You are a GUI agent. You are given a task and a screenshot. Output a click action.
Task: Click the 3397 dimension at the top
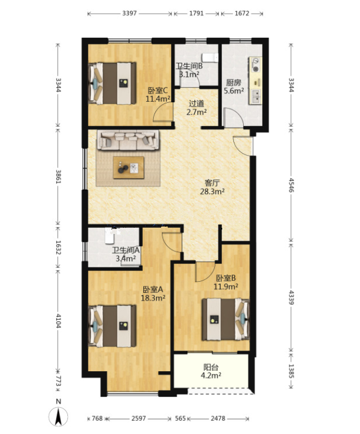coord(129,13)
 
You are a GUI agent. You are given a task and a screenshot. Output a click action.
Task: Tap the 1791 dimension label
coord(197,13)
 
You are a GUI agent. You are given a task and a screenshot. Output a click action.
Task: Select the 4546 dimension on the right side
coord(291,185)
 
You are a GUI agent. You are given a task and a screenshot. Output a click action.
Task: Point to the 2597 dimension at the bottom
coord(138,418)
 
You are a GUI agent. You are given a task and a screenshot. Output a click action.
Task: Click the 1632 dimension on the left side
coord(58,247)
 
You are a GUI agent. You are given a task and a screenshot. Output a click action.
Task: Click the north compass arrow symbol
coord(58,417)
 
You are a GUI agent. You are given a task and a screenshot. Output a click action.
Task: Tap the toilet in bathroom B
coord(210,58)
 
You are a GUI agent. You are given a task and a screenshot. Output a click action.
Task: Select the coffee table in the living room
coord(129,167)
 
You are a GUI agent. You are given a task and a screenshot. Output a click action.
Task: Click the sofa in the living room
coord(128,140)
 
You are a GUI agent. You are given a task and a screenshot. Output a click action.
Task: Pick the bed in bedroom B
coord(226,319)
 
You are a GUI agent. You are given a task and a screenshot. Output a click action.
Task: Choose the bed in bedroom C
coord(112,83)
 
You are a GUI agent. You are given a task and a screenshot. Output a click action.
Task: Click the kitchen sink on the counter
coord(256,96)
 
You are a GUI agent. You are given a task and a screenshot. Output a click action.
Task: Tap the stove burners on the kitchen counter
coord(256,65)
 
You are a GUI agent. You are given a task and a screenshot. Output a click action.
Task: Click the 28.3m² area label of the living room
coord(212,191)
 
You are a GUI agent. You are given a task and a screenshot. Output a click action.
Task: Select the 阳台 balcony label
coord(211,367)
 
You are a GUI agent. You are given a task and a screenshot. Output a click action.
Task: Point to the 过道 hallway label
coord(197,103)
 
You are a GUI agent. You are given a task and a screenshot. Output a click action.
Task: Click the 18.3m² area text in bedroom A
coord(153,298)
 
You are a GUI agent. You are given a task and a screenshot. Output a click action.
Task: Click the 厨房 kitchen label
coord(233,82)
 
